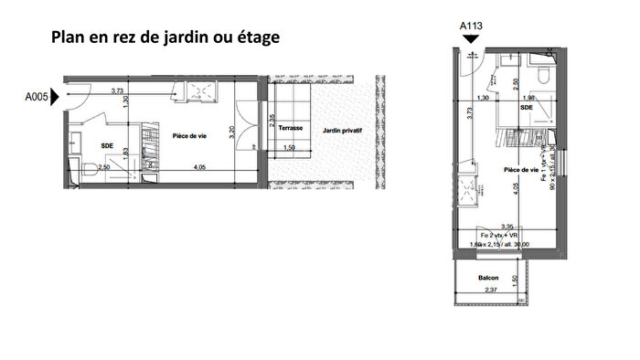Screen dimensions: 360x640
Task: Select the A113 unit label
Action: [471, 26]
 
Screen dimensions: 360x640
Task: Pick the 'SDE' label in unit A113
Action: [527, 106]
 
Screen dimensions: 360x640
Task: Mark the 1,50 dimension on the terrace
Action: [290, 147]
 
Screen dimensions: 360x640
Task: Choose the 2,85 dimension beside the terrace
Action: [272, 119]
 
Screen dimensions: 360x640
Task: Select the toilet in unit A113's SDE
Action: [542, 74]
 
